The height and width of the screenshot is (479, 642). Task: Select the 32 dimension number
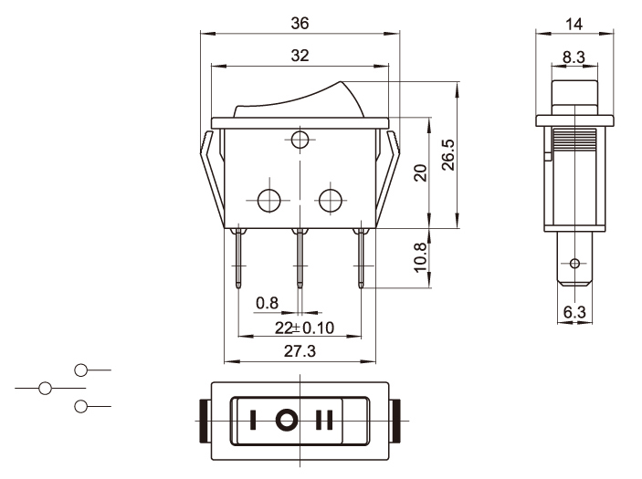click(300, 56)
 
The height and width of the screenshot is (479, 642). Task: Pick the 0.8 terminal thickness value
click(267, 303)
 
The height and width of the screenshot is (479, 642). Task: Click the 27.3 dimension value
click(299, 352)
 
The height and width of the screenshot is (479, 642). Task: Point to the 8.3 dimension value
click(574, 57)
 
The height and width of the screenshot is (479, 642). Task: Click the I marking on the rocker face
click(252, 421)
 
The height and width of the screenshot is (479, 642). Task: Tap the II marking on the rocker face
click(324, 421)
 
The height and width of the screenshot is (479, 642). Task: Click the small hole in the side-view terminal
click(574, 265)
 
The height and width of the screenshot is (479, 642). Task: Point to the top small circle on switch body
click(300, 140)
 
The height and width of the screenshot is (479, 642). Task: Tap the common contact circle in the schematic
click(44, 388)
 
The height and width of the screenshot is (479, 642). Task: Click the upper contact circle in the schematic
click(80, 370)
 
